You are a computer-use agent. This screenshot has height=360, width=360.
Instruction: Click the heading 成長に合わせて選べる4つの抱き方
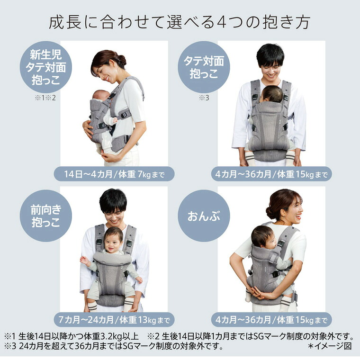[x=180, y=22]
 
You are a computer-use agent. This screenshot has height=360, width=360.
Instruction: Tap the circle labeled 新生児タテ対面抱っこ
[x=46, y=67]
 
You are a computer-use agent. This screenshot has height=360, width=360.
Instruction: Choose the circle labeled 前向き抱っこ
[x=46, y=216]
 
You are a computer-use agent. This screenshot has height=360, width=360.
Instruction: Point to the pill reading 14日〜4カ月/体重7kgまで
[x=114, y=174]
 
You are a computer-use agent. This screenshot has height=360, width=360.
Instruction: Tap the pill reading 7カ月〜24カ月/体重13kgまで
[x=114, y=319]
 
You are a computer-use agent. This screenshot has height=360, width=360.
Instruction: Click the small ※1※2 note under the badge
[x=46, y=98]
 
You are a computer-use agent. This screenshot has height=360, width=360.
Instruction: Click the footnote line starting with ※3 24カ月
[x=114, y=346]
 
